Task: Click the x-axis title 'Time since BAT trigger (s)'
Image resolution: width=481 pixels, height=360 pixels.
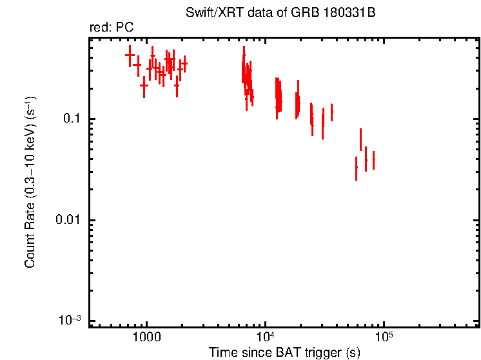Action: (x=284, y=352)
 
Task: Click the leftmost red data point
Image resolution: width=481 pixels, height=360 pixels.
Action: (x=130, y=55)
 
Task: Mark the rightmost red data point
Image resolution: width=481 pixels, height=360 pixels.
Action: (x=373, y=159)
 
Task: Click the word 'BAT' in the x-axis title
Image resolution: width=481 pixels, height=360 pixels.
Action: (x=292, y=352)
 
